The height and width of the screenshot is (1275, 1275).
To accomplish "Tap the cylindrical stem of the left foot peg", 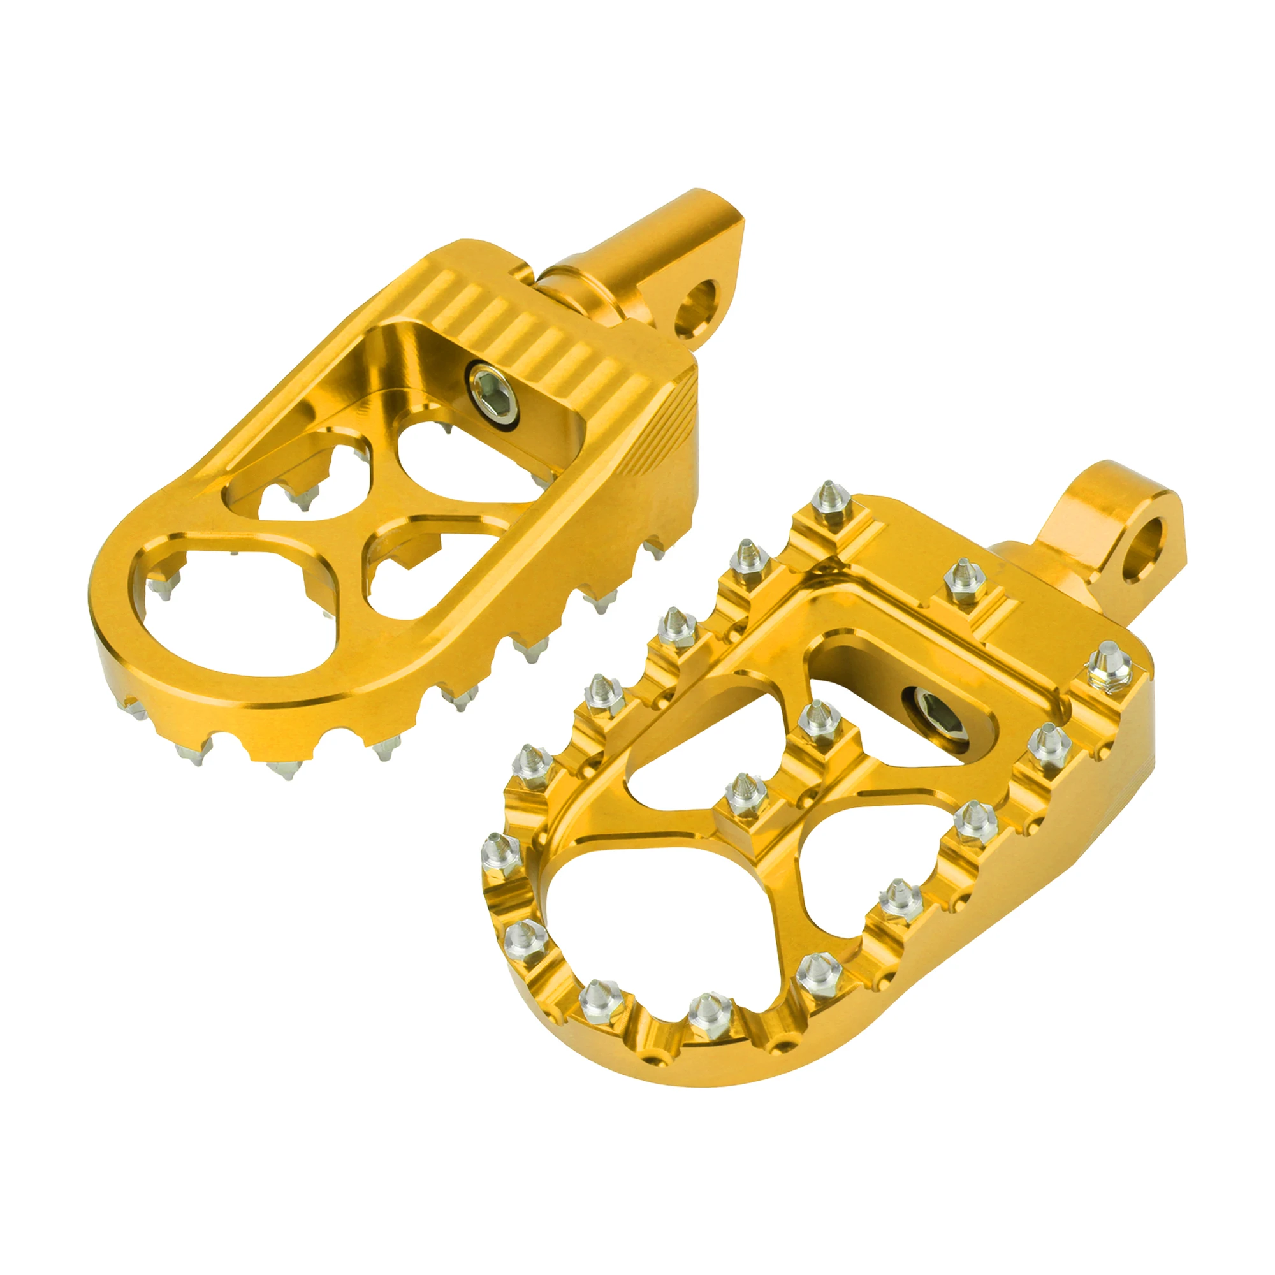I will pos(634,251).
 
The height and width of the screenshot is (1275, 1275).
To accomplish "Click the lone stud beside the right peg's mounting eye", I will pos(961,581).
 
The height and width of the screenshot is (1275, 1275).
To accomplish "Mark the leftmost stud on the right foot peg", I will pos(503,855).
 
